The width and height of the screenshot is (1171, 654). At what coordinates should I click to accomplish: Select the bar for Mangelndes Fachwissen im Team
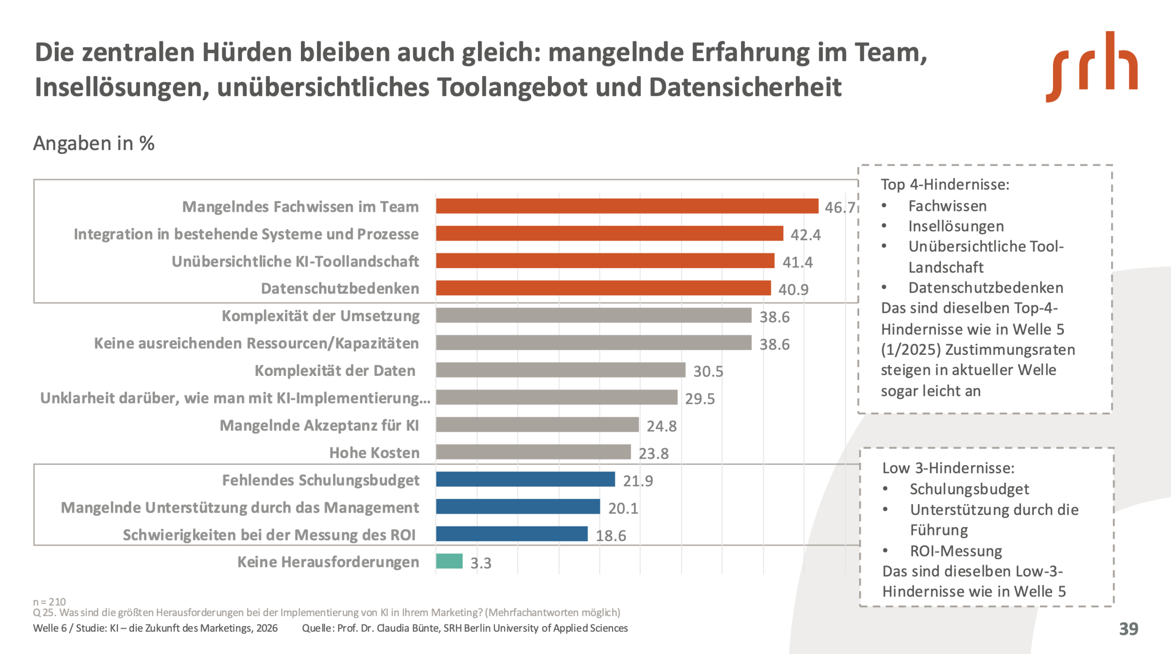pyautogui.click(x=627, y=206)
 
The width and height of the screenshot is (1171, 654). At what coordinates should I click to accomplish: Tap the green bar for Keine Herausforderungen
pyautogui.click(x=449, y=561)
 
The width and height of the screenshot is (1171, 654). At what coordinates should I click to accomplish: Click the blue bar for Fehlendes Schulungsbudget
pyautogui.click(x=525, y=479)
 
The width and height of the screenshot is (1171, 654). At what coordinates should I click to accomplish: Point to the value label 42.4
pyautogui.click(x=806, y=235)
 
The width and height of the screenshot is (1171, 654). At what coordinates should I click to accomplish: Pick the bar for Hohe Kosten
pyautogui.click(x=533, y=452)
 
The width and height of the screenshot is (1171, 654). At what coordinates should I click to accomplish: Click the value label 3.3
pyautogui.click(x=481, y=563)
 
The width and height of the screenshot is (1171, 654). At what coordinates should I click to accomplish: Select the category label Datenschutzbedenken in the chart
pyautogui.click(x=340, y=289)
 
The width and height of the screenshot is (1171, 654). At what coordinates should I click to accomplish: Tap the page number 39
pyautogui.click(x=1128, y=629)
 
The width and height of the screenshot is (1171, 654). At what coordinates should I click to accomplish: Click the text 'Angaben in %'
pyautogui.click(x=94, y=143)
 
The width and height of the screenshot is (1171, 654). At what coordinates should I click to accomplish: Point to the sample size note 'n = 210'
pyautogui.click(x=49, y=601)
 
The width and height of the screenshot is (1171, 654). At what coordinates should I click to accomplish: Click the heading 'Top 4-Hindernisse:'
pyautogui.click(x=945, y=184)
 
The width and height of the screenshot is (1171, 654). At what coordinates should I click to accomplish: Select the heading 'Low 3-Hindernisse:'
pyautogui.click(x=948, y=468)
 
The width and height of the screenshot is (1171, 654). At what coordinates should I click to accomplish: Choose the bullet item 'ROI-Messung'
pyautogui.click(x=956, y=551)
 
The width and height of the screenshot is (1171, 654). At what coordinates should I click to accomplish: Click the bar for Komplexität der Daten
pyautogui.click(x=560, y=370)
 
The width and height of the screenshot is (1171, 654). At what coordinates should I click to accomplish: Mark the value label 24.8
pyautogui.click(x=661, y=426)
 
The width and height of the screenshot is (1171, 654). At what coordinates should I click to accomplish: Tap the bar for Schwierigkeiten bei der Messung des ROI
pyautogui.click(x=511, y=534)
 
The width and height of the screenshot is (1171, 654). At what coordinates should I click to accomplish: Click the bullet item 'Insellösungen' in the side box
pyautogui.click(x=956, y=226)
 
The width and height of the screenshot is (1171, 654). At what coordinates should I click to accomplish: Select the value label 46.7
pyautogui.click(x=840, y=208)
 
